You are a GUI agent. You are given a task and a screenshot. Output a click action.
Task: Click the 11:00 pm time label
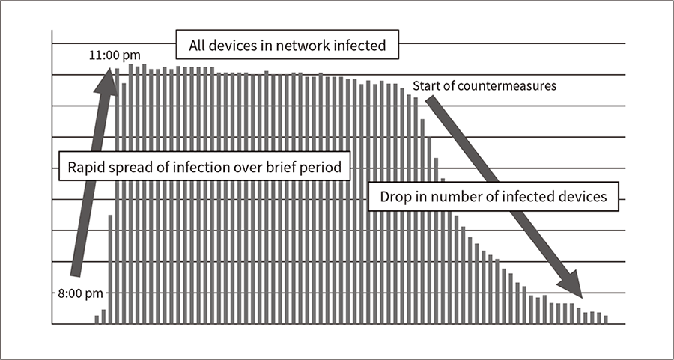tap(115, 56)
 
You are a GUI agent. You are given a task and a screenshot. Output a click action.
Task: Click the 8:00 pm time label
tap(80, 293)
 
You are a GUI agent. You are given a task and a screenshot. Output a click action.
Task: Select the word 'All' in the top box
tap(196, 45)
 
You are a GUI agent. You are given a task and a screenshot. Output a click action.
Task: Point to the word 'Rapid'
tap(86, 167)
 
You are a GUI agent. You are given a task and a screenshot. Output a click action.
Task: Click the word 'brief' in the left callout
tap(292, 167)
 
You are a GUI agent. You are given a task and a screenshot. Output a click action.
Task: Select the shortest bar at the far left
tap(97, 320)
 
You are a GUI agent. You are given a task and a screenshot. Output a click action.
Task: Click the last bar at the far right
tap(606, 320)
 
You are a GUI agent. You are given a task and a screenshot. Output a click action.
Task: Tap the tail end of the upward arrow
tap(75, 275)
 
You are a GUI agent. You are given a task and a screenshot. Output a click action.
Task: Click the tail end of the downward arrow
tap(431, 100)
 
